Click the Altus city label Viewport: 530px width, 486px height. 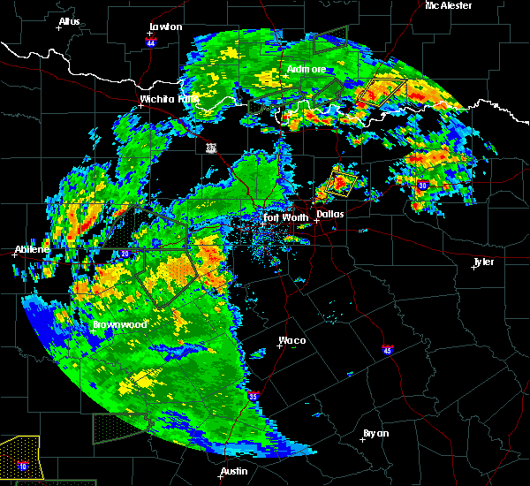pyautogui.click(x=69, y=20)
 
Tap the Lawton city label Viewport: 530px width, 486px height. pyautogui.click(x=166, y=27)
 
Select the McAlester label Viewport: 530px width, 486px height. pyautogui.click(x=448, y=5)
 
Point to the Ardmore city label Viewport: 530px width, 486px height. pyautogui.click(x=307, y=69)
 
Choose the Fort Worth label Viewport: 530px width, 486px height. pyautogui.click(x=285, y=216)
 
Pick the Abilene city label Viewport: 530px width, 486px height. pyautogui.click(x=32, y=249)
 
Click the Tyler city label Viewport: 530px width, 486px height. pyautogui.click(x=483, y=262)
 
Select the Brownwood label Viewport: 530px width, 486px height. pyautogui.click(x=120, y=324)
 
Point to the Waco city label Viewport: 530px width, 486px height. pyautogui.click(x=292, y=340)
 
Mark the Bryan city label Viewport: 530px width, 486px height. pyautogui.click(x=376, y=433)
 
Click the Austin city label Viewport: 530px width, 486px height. pyautogui.click(x=234, y=471)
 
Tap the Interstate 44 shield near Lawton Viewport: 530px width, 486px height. pyautogui.click(x=151, y=41)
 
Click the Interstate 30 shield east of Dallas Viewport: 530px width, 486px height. pyautogui.click(x=423, y=185)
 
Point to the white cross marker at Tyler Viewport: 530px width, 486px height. pyautogui.click(x=474, y=267)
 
